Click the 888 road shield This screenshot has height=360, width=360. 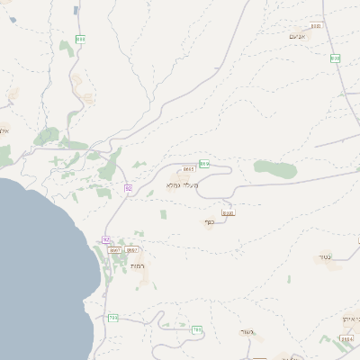(x=80, y=39)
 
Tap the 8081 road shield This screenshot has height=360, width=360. (x=315, y=26)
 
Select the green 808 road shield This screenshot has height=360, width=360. (x=336, y=58)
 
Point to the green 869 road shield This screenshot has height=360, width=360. (x=204, y=164)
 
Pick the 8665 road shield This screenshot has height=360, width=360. (x=189, y=168)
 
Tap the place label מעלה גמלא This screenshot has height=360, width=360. (x=183, y=185)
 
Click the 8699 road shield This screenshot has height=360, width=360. (x=228, y=213)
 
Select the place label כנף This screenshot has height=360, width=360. (x=210, y=221)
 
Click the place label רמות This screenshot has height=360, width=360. (x=138, y=267)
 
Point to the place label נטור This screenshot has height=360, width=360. (x=325, y=256)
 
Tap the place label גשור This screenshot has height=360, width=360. (x=249, y=332)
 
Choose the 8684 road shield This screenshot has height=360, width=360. (x=347, y=339)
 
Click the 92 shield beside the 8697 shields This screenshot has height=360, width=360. (x=106, y=239)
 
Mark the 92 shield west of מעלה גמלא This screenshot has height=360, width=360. (x=129, y=187)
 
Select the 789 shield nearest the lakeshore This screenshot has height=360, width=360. (x=112, y=318)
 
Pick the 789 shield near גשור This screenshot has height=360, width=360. (x=196, y=329)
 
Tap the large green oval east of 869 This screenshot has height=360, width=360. (x=274, y=167)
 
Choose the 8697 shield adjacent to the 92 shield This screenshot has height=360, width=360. (x=115, y=249)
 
